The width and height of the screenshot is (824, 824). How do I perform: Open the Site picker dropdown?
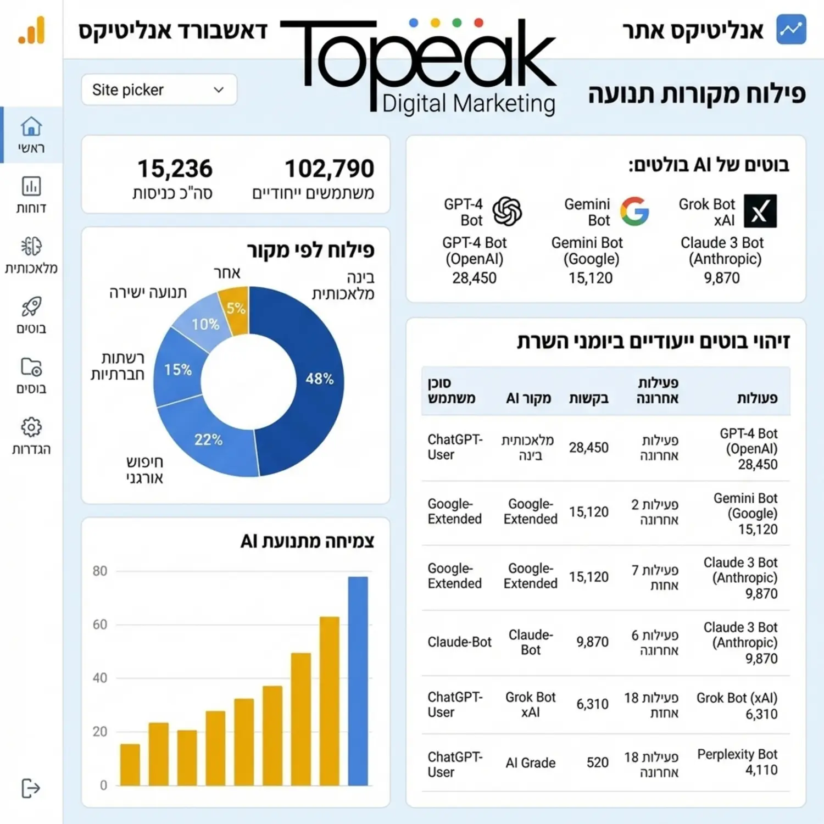coord(159,90)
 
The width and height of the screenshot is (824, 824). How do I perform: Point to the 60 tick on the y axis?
coord(100,625)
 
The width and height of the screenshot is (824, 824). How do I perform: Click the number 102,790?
coord(329,169)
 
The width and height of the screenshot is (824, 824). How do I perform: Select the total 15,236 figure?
coord(175,169)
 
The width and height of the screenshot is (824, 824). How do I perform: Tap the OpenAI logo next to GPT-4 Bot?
coord(506,211)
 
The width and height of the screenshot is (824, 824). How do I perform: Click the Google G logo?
coord(634,211)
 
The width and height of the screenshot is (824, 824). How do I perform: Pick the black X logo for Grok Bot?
coord(760,210)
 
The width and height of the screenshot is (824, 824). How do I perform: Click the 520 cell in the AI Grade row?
coord(597,762)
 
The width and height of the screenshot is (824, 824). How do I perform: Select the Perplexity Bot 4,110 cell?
coord(737,762)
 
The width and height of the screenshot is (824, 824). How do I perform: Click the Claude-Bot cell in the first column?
coord(459,642)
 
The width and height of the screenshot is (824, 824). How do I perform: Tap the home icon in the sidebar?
coord(31,127)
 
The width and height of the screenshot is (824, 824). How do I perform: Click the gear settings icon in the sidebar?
coord(31,427)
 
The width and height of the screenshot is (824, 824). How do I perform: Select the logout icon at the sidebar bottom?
coord(31,788)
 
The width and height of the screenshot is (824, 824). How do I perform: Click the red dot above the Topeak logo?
coord(478,23)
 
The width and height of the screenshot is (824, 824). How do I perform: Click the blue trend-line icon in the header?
coord(791,30)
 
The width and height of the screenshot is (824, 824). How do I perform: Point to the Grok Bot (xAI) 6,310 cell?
coord(737,706)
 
